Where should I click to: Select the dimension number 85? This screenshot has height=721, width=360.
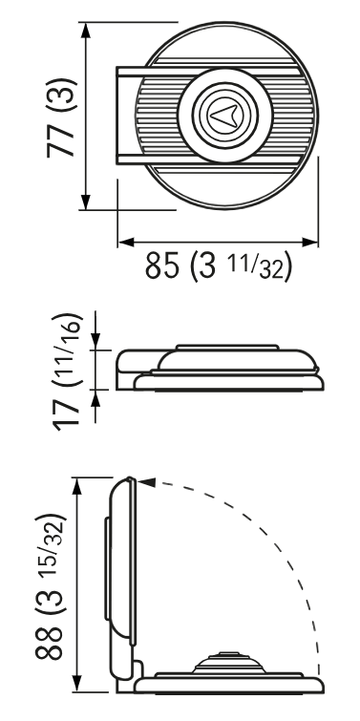161,265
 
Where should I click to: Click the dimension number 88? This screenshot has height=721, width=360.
49,643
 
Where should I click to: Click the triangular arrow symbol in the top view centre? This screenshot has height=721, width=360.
223,116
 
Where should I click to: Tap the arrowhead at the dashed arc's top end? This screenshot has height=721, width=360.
146,482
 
